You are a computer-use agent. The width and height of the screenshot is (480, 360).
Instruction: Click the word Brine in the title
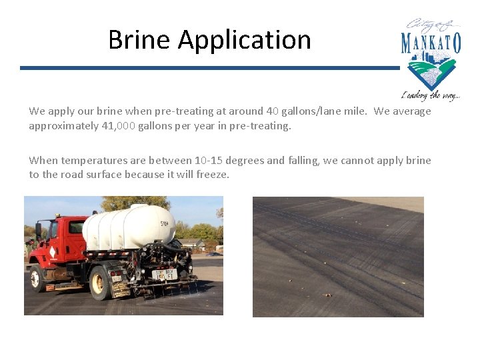point(139,40)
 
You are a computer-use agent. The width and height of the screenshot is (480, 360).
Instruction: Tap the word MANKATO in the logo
point(431,43)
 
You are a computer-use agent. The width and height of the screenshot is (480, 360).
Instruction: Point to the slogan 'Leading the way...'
point(430,95)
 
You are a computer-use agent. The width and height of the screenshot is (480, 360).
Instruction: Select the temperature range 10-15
point(209,161)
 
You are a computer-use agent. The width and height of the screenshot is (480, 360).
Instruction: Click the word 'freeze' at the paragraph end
point(213,175)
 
